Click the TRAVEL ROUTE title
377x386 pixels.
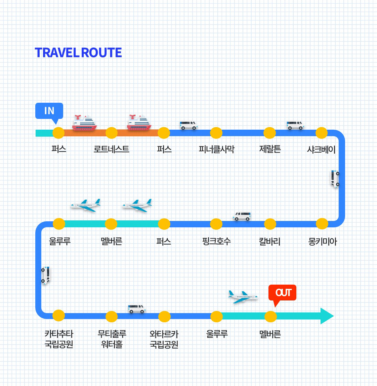coord(78,53)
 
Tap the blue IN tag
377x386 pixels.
coord(49,111)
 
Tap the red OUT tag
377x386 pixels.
coord(282,292)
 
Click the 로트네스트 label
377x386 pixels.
coord(111,149)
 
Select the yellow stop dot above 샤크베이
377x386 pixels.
coord(322,133)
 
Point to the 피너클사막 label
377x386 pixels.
coord(216,149)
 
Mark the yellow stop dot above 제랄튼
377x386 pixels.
coord(269,133)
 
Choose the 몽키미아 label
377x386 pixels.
coord(322,241)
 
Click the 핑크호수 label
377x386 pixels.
coord(216,241)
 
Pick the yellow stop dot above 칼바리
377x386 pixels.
coord(270,224)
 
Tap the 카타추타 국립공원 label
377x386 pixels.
coord(59,339)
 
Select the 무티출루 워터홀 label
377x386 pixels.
coord(112,339)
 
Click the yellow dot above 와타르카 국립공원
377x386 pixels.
coord(164,317)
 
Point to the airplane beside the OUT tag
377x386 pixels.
coord(242,297)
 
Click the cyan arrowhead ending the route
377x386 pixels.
coord(326,316)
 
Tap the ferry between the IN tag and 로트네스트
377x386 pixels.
coord(85,123)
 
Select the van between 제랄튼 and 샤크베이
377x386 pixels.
coord(295,125)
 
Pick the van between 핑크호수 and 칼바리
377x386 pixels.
coord(242,216)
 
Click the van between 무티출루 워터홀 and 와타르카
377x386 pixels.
coord(136,309)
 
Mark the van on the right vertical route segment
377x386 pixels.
coord(335,179)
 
